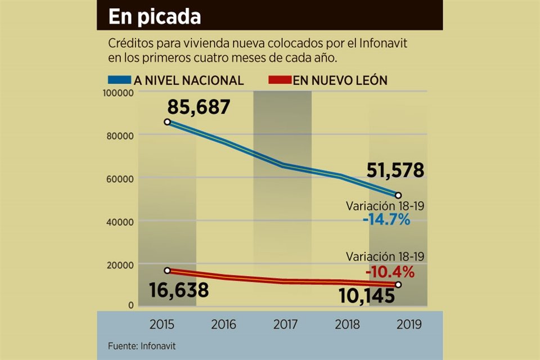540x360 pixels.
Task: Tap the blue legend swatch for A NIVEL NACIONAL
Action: (x=119, y=80)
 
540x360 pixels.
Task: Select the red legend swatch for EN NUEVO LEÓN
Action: (x=277, y=80)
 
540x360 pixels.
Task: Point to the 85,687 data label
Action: (x=199, y=106)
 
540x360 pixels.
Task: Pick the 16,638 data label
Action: (x=179, y=290)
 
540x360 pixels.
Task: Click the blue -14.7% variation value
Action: (x=386, y=219)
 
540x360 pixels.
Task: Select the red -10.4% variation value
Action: (x=390, y=272)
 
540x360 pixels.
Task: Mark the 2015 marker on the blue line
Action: (x=167, y=122)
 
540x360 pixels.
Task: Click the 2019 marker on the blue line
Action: (x=398, y=195)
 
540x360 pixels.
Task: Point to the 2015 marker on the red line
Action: (x=167, y=271)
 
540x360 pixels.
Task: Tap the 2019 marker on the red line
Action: (x=398, y=285)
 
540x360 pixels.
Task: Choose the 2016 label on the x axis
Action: (x=224, y=325)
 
